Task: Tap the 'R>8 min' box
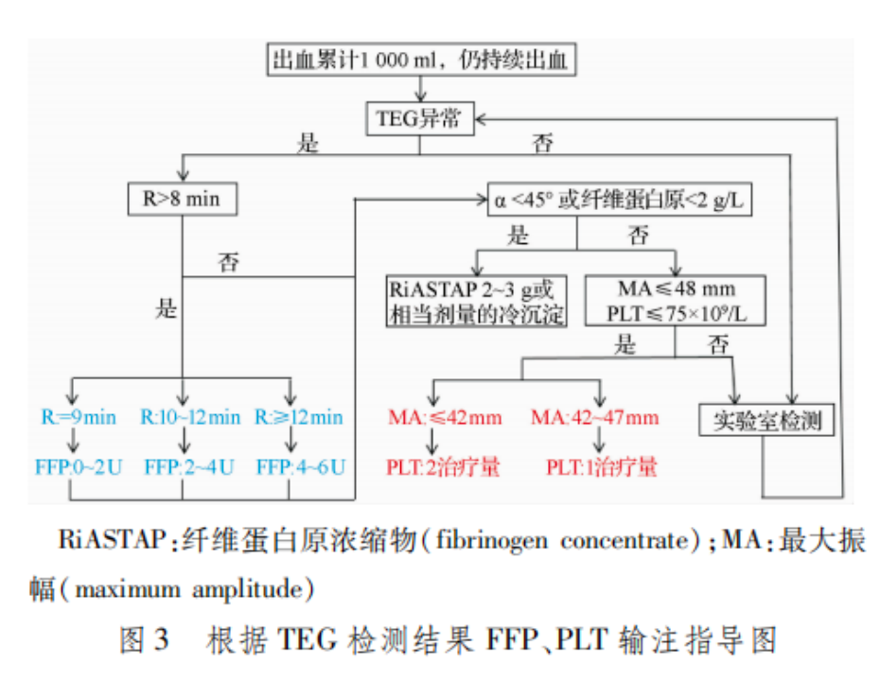[180, 199]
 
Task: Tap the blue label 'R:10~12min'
[190, 417]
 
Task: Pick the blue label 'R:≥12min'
[299, 417]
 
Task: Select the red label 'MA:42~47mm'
[594, 417]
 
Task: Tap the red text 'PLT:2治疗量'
[443, 466]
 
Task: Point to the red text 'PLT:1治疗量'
[601, 466]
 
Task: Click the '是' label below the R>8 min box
[167, 308]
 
